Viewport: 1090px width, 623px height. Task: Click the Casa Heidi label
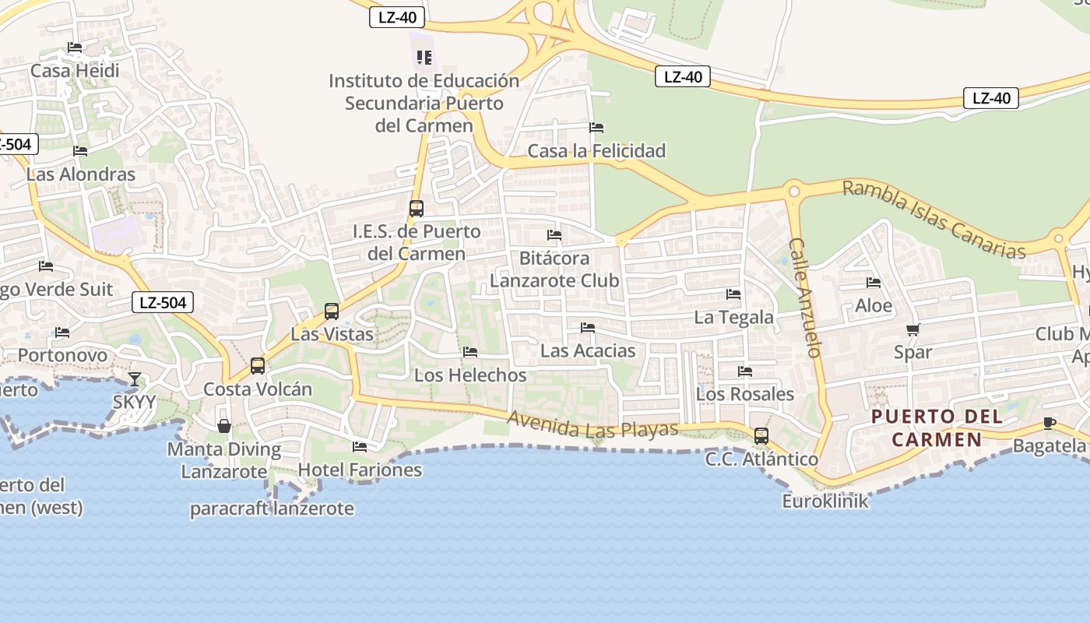tap(75, 71)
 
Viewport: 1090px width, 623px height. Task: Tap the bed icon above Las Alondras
tap(80, 151)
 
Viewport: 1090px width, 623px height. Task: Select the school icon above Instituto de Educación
tap(424, 58)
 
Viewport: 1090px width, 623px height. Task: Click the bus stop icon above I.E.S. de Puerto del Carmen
tap(417, 209)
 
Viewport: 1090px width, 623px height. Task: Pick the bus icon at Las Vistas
tap(332, 311)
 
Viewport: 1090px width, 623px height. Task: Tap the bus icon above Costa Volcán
tap(258, 366)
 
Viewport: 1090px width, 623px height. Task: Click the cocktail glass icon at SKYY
tap(135, 379)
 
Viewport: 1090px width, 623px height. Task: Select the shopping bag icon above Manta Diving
tap(224, 426)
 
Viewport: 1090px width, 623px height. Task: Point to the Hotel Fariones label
tap(360, 470)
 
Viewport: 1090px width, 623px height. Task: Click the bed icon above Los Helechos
tap(470, 352)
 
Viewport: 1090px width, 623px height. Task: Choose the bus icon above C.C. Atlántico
tap(761, 436)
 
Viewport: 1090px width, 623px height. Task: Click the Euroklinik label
tap(825, 501)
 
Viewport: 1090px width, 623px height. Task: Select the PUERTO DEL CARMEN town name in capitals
tap(937, 428)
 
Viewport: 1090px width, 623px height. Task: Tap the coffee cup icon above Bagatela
tap(1050, 423)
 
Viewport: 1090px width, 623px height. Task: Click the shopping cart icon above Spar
tap(913, 329)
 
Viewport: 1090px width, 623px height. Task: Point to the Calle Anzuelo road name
tap(805, 297)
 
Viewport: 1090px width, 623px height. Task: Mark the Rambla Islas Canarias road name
tap(934, 219)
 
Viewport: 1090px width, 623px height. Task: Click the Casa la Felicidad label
tap(596, 150)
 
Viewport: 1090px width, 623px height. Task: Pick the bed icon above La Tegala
tap(733, 294)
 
